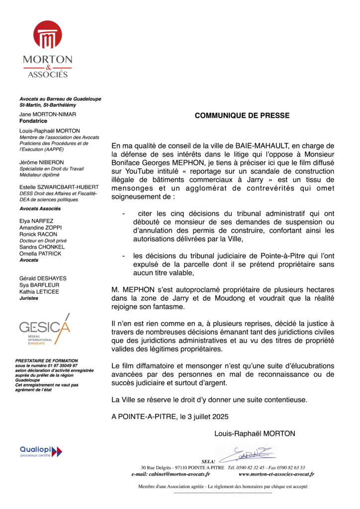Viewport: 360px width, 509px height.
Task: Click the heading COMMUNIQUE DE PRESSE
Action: click(242, 115)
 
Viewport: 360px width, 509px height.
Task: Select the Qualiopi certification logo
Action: click(41, 451)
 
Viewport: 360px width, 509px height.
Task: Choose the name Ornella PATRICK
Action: click(40, 254)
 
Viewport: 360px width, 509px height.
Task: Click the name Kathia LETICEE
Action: click(39, 291)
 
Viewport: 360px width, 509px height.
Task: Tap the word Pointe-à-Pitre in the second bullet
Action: click(241, 255)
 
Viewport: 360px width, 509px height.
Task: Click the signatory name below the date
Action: click(255, 433)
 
